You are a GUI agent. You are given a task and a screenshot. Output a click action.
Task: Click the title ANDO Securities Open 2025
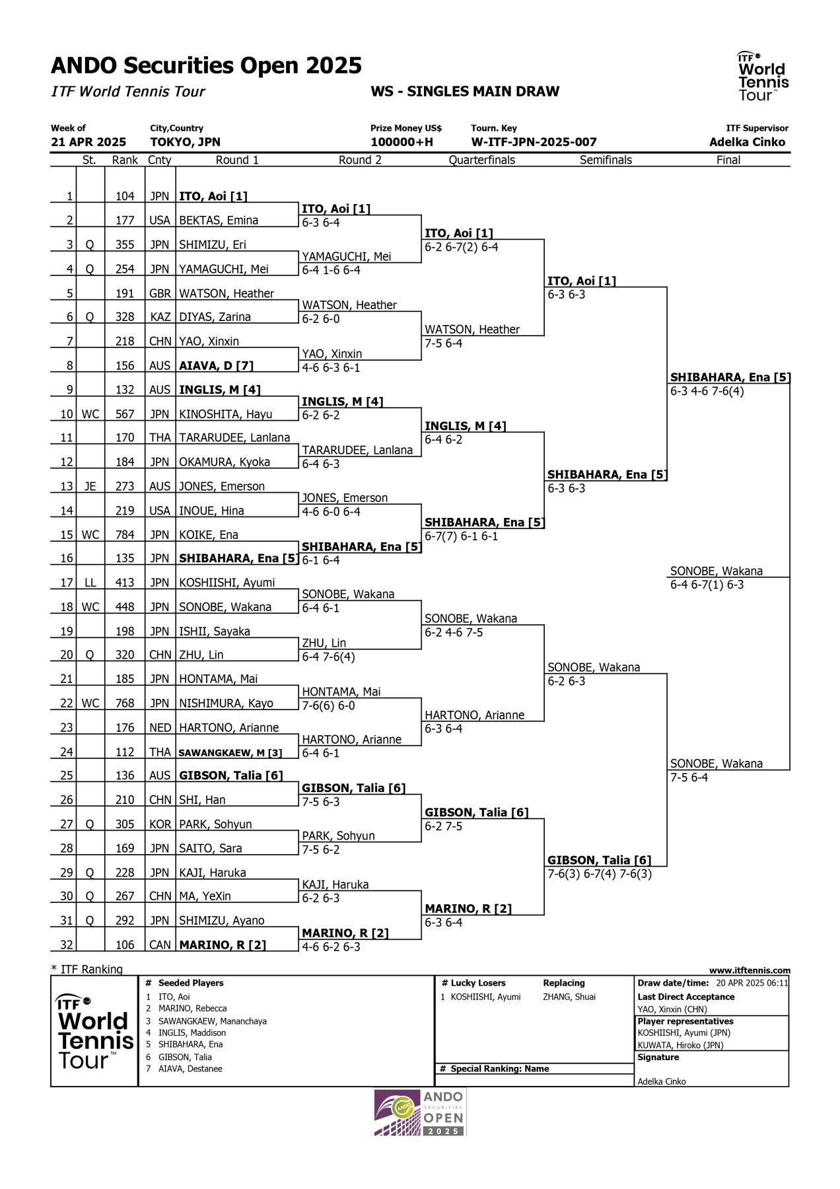coord(206,65)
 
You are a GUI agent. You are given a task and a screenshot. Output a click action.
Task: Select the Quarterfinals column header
coord(481,160)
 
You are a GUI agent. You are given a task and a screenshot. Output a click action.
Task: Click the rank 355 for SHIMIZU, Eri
coord(125,244)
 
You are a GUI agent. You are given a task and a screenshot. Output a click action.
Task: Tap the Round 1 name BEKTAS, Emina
coord(219,221)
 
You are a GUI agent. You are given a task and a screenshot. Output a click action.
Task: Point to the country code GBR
coord(160,293)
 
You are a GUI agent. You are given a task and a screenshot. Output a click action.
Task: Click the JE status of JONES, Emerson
coord(90,486)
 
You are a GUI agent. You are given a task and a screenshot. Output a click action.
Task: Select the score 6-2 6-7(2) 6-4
coord(462,247)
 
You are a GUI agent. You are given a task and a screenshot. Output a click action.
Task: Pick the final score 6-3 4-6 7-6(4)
coord(707,391)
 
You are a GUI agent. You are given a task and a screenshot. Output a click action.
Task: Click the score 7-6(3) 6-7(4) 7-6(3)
coord(600,874)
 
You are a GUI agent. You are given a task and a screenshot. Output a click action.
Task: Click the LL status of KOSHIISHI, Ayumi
coord(90,583)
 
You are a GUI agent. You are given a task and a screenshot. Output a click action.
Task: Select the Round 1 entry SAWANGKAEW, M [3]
coord(230,752)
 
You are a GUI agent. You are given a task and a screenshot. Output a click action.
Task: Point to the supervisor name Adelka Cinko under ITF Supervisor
coord(747,142)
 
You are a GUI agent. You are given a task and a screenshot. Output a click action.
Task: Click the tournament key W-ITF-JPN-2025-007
coord(534,142)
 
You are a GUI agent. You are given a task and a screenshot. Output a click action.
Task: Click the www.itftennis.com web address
coord(750,970)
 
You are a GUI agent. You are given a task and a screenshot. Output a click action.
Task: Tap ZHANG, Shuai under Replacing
coord(569,997)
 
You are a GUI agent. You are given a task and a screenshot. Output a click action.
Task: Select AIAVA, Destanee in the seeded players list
coord(190,1069)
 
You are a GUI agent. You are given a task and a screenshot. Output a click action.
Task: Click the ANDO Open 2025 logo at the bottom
coord(420,1112)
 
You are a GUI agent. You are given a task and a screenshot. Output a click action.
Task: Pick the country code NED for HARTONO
coord(160,728)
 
